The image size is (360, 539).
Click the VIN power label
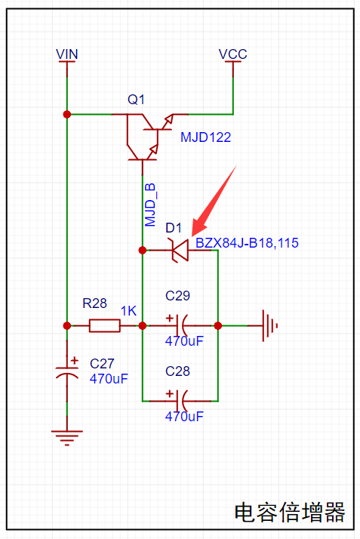[67, 54]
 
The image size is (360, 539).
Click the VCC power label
[233, 54]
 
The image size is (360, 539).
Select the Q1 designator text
[136, 100]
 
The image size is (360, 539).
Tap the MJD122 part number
[205, 137]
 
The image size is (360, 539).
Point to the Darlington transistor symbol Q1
[148, 137]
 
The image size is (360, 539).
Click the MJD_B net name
[150, 205]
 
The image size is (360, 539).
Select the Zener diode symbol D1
[180, 251]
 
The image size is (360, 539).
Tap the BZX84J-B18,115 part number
[247, 242]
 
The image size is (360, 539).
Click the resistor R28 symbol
[105, 325]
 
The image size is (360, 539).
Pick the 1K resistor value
[128, 311]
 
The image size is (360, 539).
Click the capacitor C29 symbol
[180, 325]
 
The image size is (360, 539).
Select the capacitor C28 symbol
[180, 401]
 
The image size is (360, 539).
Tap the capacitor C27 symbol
[67, 373]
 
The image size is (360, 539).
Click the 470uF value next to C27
[109, 379]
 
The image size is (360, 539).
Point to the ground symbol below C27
[67, 437]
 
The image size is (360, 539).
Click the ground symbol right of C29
[269, 325]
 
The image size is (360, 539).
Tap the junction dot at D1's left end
[142, 251]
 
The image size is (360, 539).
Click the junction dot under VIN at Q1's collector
[67, 114]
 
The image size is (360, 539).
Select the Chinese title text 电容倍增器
[290, 512]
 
